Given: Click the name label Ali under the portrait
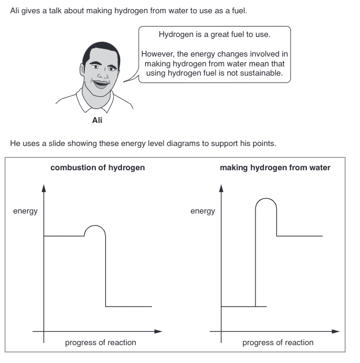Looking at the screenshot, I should coord(97,121).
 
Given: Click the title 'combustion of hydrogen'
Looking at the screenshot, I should coord(98,168).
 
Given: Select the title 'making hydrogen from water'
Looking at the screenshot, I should coord(275,168).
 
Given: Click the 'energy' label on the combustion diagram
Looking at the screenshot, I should coord(25,211).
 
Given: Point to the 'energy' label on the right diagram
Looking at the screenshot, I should coord(202,211).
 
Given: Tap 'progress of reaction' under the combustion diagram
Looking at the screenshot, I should coord(101,342).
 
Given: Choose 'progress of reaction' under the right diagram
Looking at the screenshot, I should coord(278,342).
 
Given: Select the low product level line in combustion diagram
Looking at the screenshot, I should coord(128,306).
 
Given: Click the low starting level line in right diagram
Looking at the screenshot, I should coord(238,306).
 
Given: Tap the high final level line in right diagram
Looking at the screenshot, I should coord(299,236).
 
